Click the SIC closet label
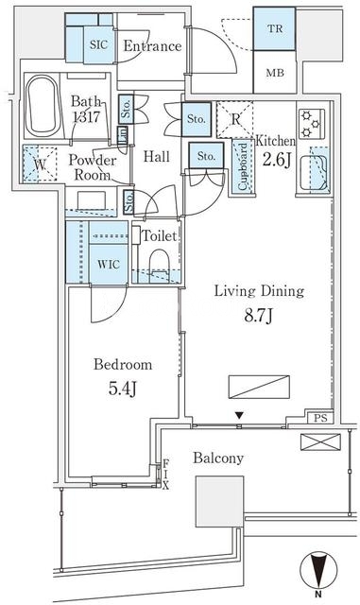click(x=98, y=44)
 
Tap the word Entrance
click(x=152, y=46)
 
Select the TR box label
click(x=275, y=28)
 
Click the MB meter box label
click(x=275, y=73)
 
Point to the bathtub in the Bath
click(x=43, y=105)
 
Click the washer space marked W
click(x=40, y=164)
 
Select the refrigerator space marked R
click(x=235, y=120)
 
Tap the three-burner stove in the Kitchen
click(x=312, y=124)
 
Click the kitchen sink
click(x=315, y=172)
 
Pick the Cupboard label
click(x=243, y=166)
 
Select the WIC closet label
click(x=109, y=265)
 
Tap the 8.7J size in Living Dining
click(x=259, y=316)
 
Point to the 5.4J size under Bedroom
click(x=122, y=389)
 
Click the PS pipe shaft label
click(x=320, y=418)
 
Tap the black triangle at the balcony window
click(x=240, y=416)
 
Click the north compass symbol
click(x=318, y=570)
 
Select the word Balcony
click(x=218, y=458)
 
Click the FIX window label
click(x=165, y=475)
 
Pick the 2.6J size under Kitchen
click(x=276, y=160)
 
